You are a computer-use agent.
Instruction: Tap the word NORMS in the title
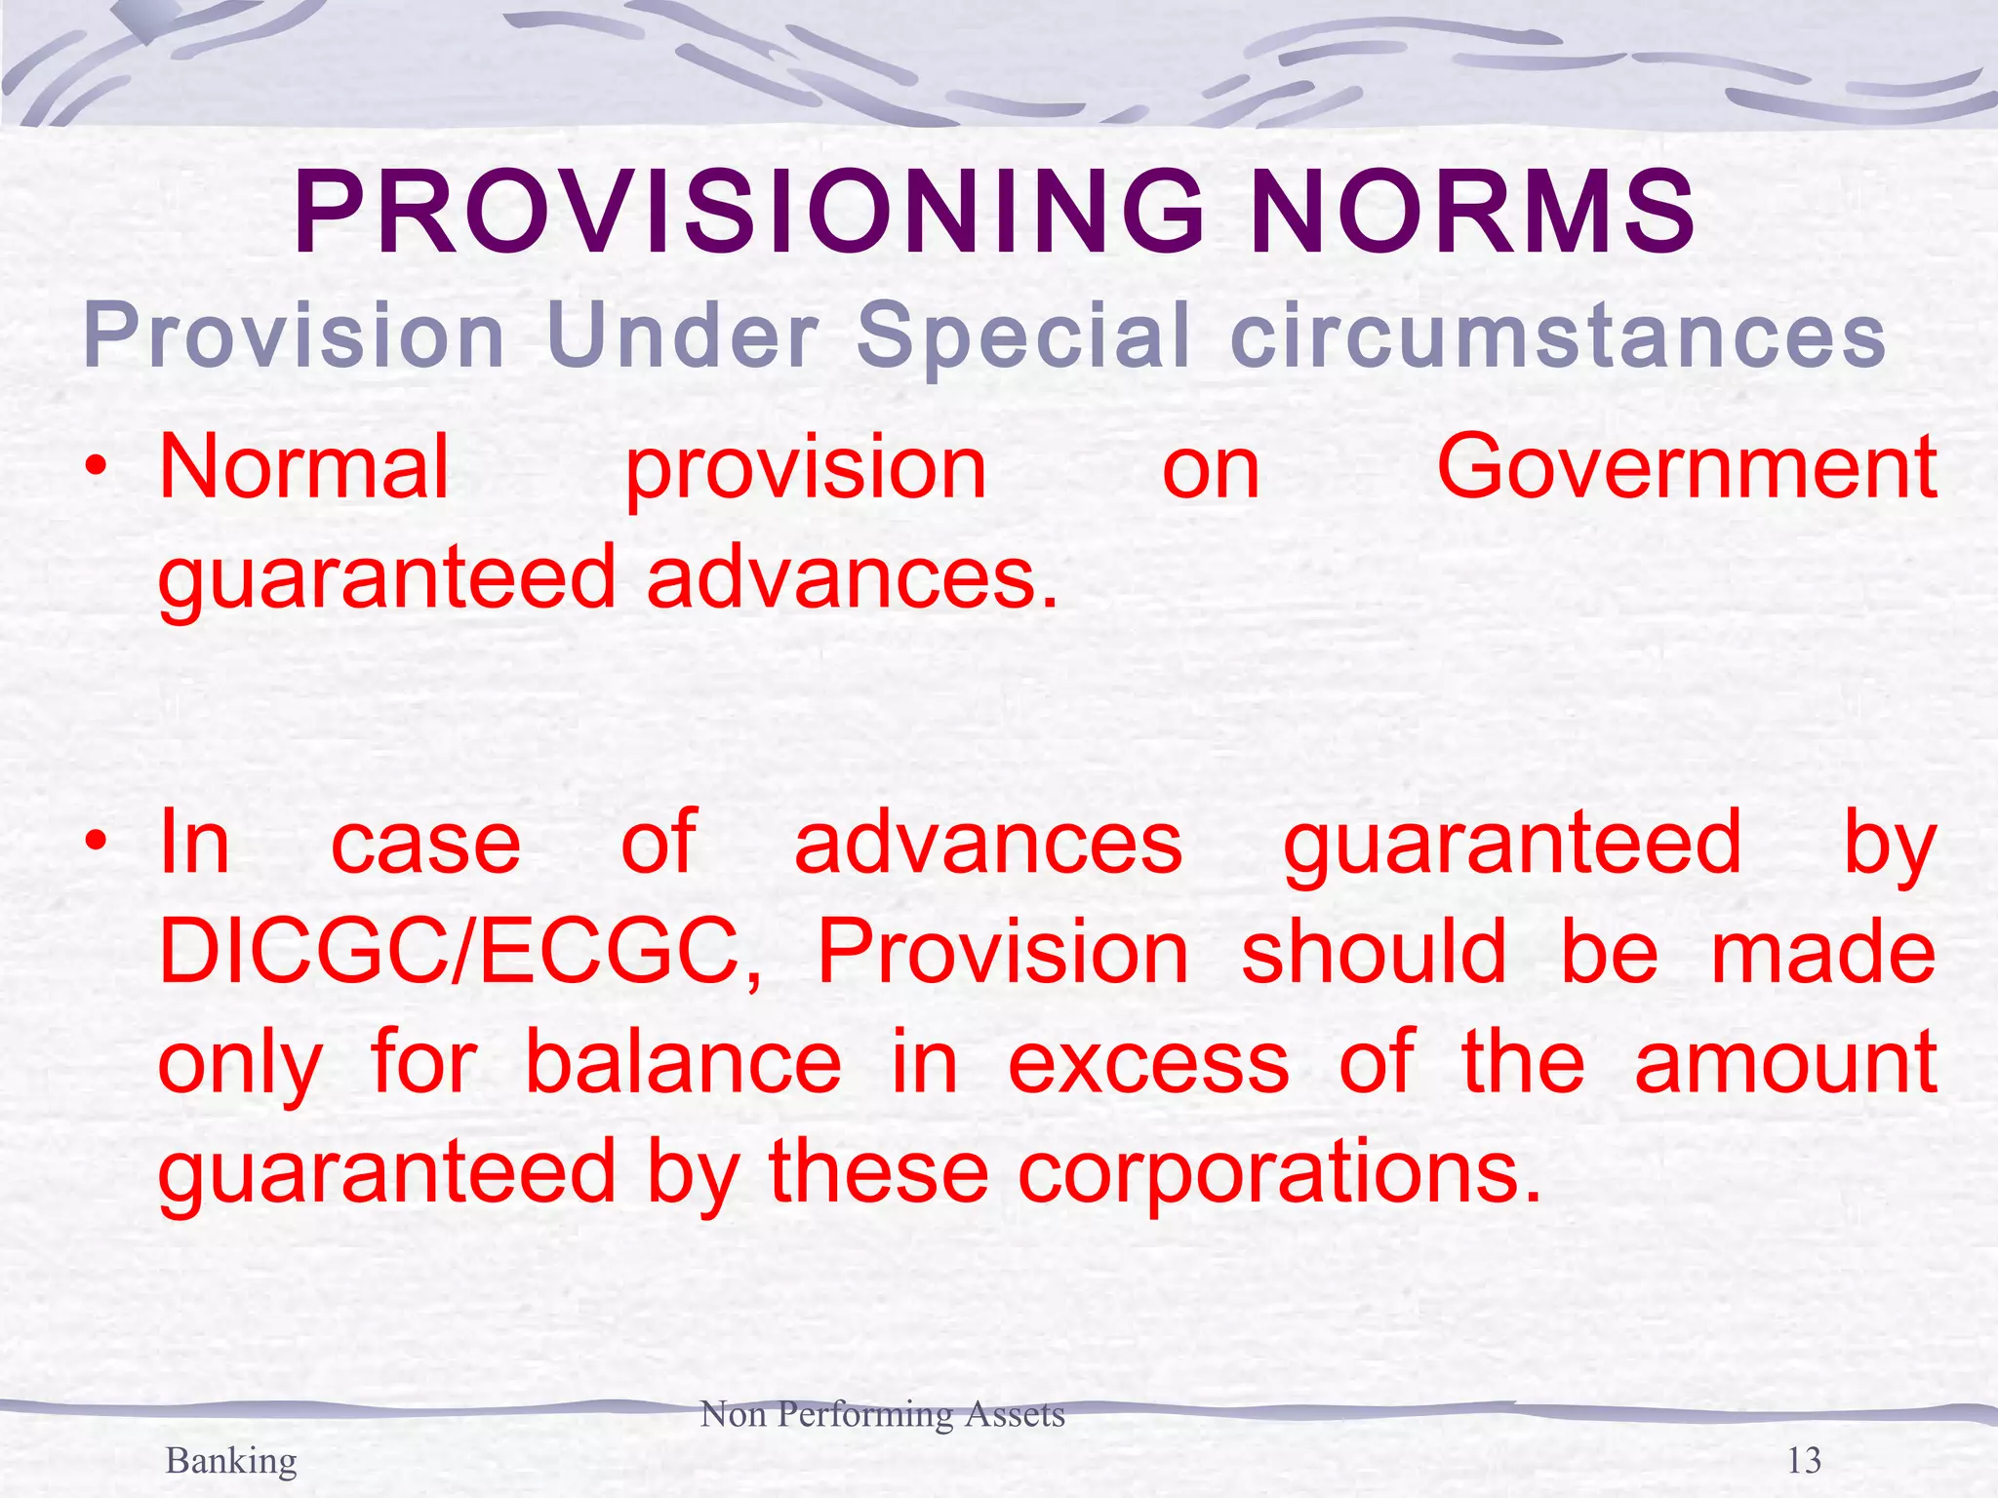[x=1473, y=213]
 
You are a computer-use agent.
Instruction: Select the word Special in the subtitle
[x=1023, y=335]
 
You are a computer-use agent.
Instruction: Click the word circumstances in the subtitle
[x=1558, y=335]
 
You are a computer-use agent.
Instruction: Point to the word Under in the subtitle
[x=682, y=335]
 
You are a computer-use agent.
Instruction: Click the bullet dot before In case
[x=95, y=841]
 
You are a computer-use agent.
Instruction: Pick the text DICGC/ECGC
[x=459, y=952]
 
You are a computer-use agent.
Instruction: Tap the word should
[x=1374, y=952]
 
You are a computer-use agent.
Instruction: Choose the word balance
[x=683, y=1062]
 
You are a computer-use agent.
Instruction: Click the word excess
[x=1148, y=1062]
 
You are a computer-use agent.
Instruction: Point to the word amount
[x=1785, y=1062]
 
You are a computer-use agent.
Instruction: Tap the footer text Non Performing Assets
[x=882, y=1414]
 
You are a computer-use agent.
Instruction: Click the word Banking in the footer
[x=231, y=1461]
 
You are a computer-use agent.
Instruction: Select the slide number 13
[x=1804, y=1461]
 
